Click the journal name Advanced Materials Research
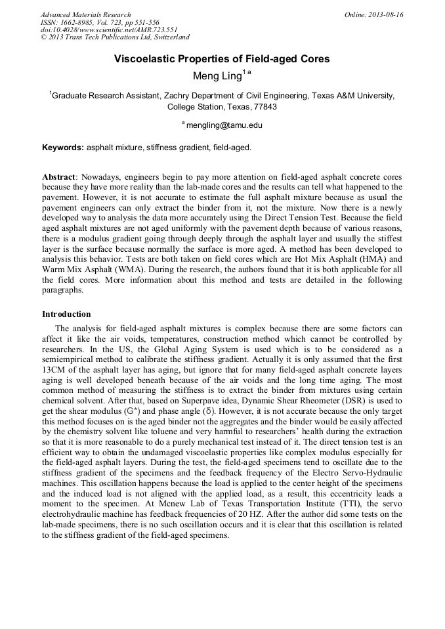[x=85, y=14]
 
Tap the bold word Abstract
[x=58, y=177]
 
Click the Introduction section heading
[x=66, y=314]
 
